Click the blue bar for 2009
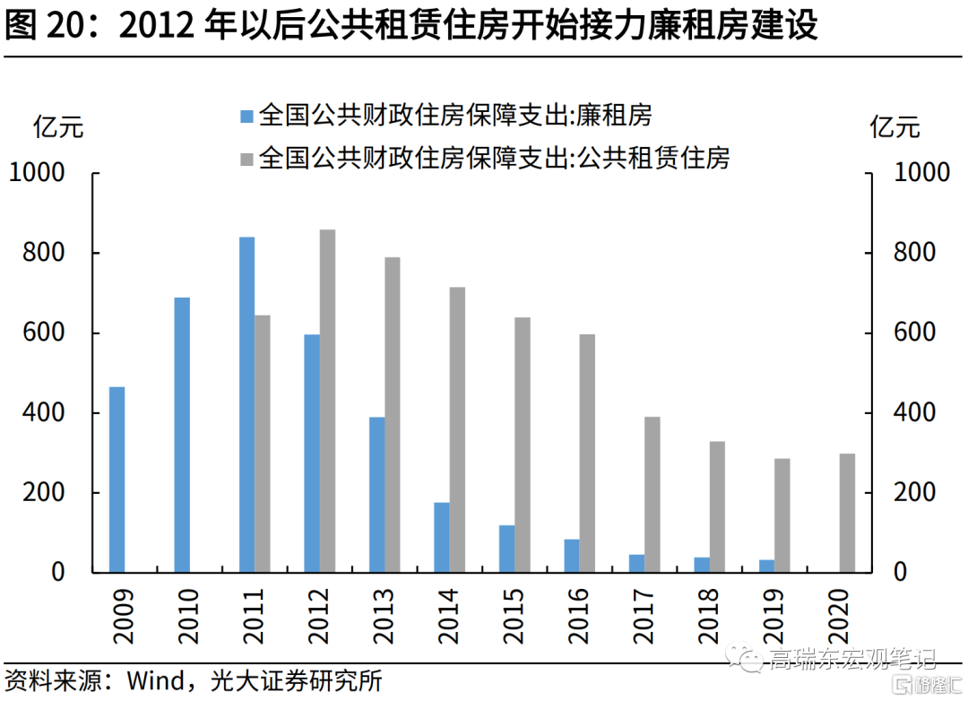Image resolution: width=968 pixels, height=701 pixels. click(x=117, y=480)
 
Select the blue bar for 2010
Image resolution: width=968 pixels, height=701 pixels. click(x=182, y=435)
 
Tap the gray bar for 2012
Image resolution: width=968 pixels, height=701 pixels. click(x=328, y=401)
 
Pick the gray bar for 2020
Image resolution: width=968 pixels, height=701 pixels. click(x=848, y=514)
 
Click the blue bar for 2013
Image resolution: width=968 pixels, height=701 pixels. click(x=377, y=495)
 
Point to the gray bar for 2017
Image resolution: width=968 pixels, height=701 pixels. click(x=653, y=495)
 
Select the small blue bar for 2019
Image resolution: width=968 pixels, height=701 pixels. click(x=766, y=567)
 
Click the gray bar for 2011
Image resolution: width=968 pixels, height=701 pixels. click(x=263, y=444)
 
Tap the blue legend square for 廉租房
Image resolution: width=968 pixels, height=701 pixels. click(x=247, y=117)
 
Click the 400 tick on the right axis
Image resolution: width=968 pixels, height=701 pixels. click(x=868, y=412)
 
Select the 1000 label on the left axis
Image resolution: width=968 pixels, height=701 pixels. click(x=37, y=172)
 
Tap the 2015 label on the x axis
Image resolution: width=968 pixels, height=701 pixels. click(x=513, y=617)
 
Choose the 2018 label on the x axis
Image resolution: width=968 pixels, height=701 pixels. click(x=708, y=617)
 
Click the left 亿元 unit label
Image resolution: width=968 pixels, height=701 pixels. click(x=58, y=127)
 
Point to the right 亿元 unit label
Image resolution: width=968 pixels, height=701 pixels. click(x=895, y=127)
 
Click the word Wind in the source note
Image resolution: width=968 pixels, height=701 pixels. click(x=156, y=680)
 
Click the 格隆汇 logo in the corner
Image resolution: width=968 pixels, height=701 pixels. click(x=929, y=685)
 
